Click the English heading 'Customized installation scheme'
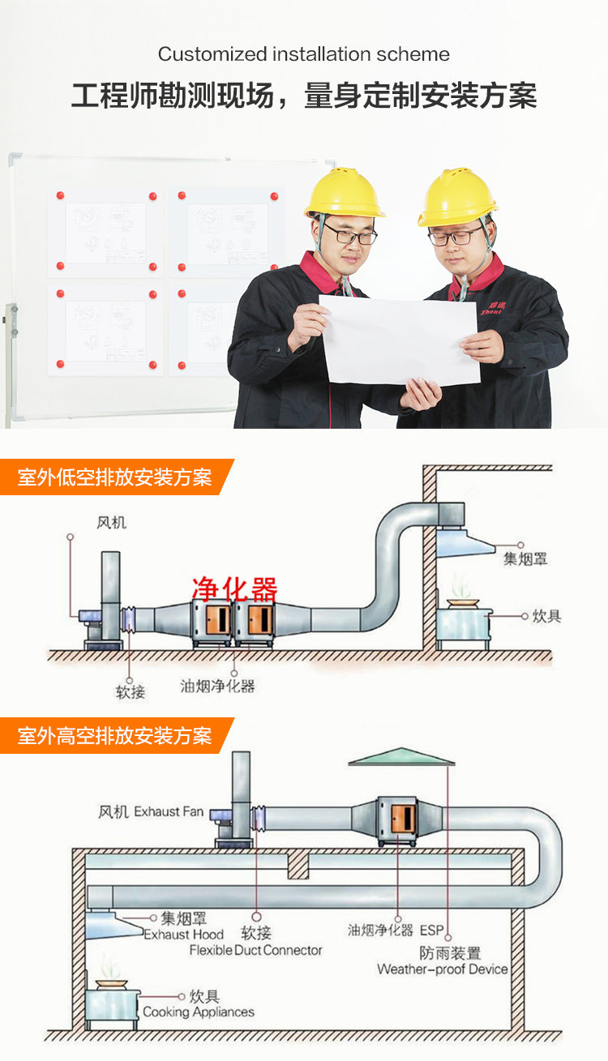(304, 54)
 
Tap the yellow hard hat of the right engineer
(457, 197)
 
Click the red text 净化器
(234, 588)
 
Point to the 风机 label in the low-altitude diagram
(111, 523)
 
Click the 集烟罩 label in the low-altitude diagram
(525, 559)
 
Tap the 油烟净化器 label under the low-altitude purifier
(217, 686)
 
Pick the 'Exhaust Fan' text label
(169, 811)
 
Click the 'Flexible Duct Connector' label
(255, 950)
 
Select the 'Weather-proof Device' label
(442, 969)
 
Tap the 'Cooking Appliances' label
(199, 1012)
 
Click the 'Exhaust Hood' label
(184, 934)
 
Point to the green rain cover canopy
(401, 756)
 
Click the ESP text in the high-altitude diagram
(432, 931)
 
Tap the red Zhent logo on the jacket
(492, 309)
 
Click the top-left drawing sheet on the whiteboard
(105, 232)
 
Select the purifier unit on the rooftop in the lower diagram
(398, 821)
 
